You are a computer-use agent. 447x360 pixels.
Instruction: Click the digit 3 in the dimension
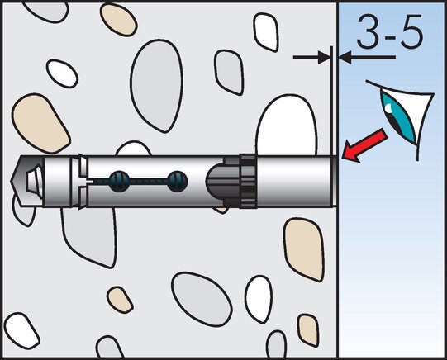pyautogui.click(x=369, y=31)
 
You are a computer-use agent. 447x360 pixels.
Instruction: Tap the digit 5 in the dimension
pyautogui.click(x=411, y=31)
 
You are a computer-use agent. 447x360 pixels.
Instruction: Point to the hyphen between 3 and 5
pyautogui.click(x=390, y=34)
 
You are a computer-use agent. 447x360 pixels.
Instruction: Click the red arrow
pyautogui.click(x=364, y=145)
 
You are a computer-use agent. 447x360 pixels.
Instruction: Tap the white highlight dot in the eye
pyautogui.click(x=388, y=108)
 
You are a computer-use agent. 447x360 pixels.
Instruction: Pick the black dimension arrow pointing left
pyautogui.click(x=367, y=58)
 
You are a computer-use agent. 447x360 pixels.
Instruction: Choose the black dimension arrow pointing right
pyautogui.click(x=311, y=58)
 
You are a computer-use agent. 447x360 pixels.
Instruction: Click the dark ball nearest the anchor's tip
pyautogui.click(x=119, y=182)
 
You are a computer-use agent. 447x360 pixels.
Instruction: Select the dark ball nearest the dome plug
pyautogui.click(x=178, y=182)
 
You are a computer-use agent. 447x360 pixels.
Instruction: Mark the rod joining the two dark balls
pyautogui.click(x=148, y=182)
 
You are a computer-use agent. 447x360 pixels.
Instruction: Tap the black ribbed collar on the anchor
pyautogui.click(x=248, y=181)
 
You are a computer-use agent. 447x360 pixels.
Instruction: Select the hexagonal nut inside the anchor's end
pyautogui.click(x=34, y=181)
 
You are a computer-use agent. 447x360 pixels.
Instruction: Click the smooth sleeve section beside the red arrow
pyautogui.click(x=294, y=181)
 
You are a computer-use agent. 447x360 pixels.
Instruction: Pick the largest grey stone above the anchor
pyautogui.click(x=156, y=85)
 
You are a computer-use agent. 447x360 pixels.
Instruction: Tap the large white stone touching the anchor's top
pyautogui.click(x=287, y=126)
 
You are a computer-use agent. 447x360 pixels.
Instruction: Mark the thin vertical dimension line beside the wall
pyautogui.click(x=332, y=101)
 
